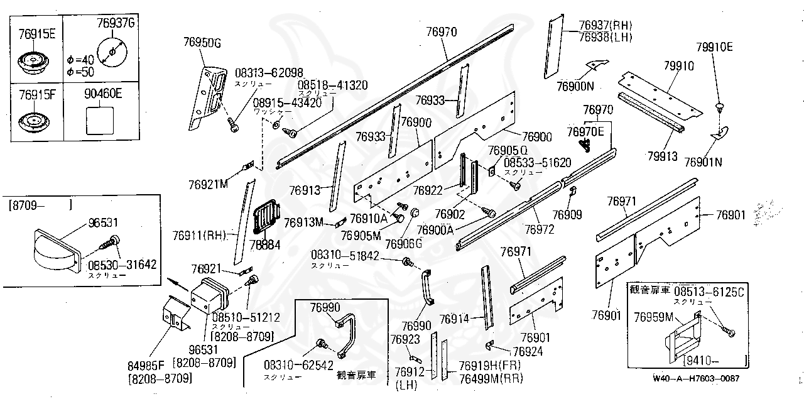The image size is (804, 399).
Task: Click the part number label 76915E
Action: [x=37, y=33]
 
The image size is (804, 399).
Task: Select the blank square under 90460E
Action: [x=99, y=119]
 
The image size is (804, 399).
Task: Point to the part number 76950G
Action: [x=202, y=43]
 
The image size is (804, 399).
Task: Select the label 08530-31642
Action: [x=122, y=265]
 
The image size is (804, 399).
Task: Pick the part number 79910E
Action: [x=714, y=47]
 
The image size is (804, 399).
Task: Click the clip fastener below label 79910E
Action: [x=720, y=106]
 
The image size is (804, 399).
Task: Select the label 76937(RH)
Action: [x=605, y=25]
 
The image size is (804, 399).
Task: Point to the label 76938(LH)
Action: [x=605, y=36]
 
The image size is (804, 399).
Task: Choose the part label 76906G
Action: [x=403, y=243]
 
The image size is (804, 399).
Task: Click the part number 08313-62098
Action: [x=269, y=72]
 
